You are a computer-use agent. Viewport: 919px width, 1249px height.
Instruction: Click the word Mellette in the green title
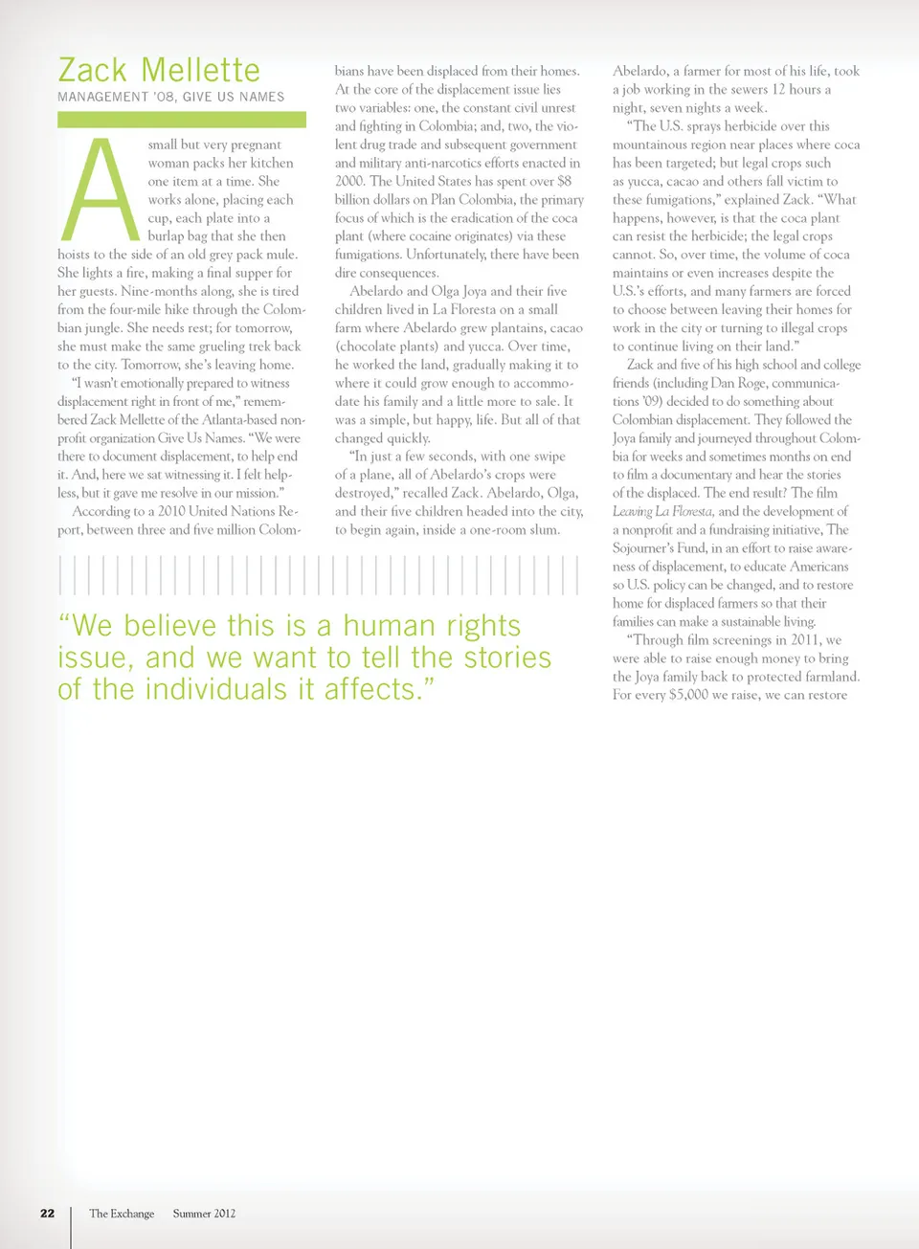coord(200,70)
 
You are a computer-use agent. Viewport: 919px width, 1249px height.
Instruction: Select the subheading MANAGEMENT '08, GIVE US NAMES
coord(170,97)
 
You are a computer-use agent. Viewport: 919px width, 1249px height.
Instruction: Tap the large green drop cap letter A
coord(99,190)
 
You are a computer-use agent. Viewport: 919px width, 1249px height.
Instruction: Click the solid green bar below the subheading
coord(181,120)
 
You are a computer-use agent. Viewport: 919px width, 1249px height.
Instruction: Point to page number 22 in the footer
coord(47,1213)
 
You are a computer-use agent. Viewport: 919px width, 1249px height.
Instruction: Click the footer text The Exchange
coord(122,1213)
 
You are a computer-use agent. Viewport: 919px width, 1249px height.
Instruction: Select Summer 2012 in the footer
coord(204,1213)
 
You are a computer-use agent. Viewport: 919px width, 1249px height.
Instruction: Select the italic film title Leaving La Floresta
coord(662,511)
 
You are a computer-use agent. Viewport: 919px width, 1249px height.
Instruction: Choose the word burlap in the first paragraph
coord(167,236)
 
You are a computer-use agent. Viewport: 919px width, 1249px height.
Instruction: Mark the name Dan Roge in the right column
coord(738,383)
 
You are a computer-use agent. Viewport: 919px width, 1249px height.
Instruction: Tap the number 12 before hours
coord(778,89)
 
